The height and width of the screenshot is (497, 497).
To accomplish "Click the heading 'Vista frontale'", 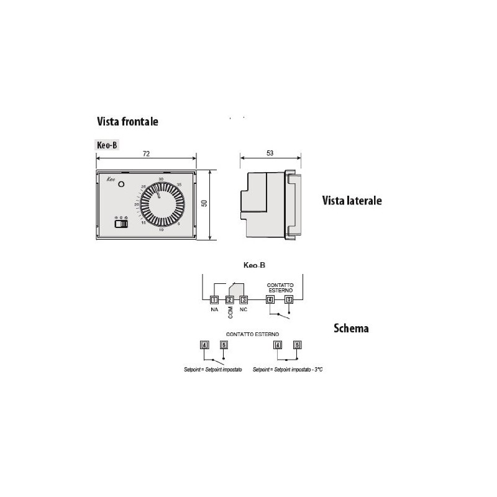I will (127, 122).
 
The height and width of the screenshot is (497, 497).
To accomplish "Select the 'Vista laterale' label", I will (352, 201).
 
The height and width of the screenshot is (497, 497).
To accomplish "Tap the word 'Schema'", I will (351, 328).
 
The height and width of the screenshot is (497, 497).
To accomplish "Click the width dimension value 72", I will (145, 153).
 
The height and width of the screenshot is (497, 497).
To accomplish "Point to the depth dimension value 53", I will (269, 153).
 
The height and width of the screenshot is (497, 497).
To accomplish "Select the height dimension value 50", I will (204, 204).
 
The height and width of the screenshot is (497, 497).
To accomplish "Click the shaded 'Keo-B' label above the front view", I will (106, 144).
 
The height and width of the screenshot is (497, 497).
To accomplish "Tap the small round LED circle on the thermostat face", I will (122, 184).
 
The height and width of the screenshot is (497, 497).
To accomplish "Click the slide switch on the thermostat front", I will (121, 223).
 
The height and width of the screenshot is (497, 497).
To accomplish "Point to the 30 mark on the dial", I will (161, 180).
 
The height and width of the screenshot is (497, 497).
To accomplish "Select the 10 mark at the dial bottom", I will (161, 230).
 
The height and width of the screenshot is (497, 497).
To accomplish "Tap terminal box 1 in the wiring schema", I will (214, 300).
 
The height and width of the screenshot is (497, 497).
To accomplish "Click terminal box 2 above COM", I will (229, 300).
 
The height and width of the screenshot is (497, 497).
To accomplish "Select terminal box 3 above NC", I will (244, 300).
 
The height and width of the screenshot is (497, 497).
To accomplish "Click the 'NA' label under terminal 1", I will (214, 309).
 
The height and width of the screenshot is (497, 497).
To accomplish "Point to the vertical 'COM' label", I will (229, 312).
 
